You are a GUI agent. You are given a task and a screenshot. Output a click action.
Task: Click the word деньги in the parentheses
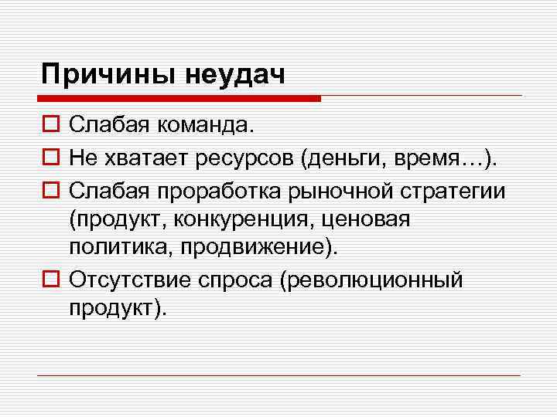pyautogui.click(x=343, y=158)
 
